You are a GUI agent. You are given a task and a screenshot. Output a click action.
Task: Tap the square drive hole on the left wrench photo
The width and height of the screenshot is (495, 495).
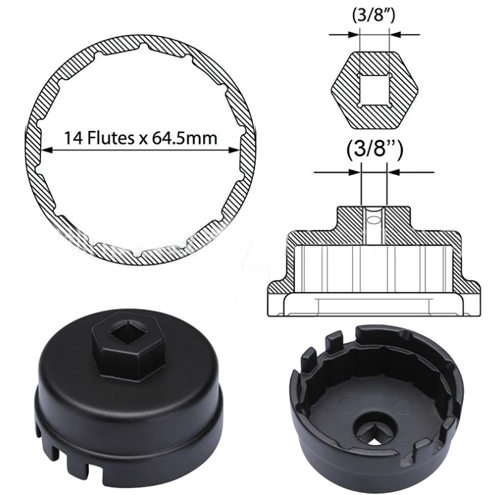(128, 332)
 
